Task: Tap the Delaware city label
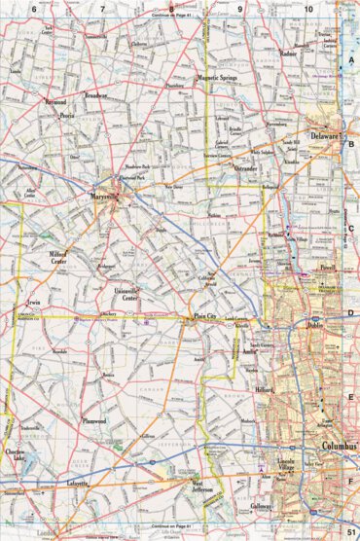(x=327, y=139)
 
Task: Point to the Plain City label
(x=203, y=316)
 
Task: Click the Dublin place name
(x=314, y=325)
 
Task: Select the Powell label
(x=326, y=266)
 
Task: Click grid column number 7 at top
(x=102, y=8)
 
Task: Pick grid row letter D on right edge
(x=350, y=313)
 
